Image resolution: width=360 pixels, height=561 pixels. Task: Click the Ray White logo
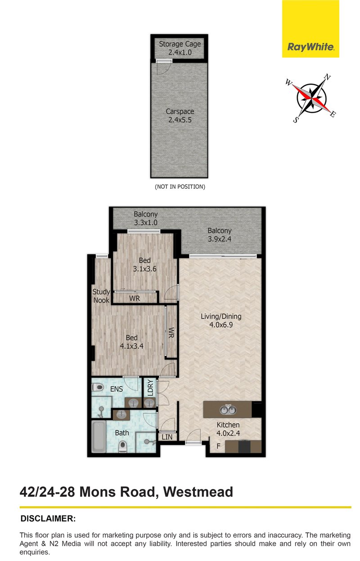pos(310,47)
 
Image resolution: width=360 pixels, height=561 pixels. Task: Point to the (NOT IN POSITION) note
pos(180,186)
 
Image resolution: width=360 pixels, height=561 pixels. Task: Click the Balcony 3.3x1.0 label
pos(145,218)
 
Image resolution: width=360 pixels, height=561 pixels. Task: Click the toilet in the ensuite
pos(97,387)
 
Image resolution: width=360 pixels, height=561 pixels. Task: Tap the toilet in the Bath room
pos(121,446)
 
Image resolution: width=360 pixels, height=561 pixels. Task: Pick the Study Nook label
pos(101,296)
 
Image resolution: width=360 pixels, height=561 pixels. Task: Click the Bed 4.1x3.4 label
pos(131,342)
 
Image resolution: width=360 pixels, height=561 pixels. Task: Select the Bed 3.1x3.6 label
pos(144,265)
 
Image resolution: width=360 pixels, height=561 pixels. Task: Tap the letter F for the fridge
pos(218,447)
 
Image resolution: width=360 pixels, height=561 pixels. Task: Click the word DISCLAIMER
pos(48,519)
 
